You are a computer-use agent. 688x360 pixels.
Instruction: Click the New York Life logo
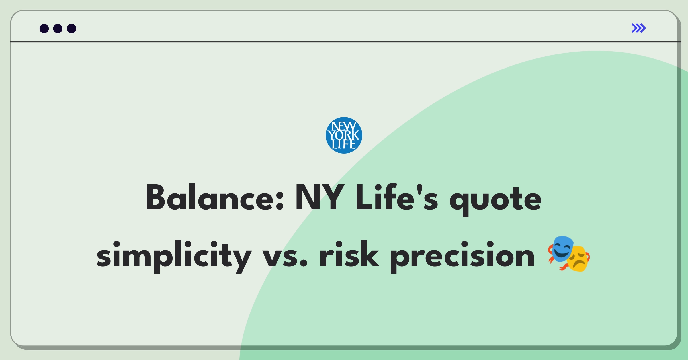pyautogui.click(x=344, y=135)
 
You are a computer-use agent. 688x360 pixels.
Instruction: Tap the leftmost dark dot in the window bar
pyautogui.click(x=44, y=28)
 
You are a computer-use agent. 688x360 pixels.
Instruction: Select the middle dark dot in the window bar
pyautogui.click(x=58, y=28)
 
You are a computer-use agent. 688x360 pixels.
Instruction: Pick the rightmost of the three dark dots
pyautogui.click(x=72, y=28)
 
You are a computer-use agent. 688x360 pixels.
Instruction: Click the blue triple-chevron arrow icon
pyautogui.click(x=639, y=28)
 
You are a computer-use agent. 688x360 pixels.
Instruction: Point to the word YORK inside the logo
pyautogui.click(x=344, y=135)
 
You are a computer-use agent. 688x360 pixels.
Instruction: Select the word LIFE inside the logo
pyautogui.click(x=344, y=144)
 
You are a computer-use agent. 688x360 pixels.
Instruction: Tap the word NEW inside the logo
pyautogui.click(x=344, y=126)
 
